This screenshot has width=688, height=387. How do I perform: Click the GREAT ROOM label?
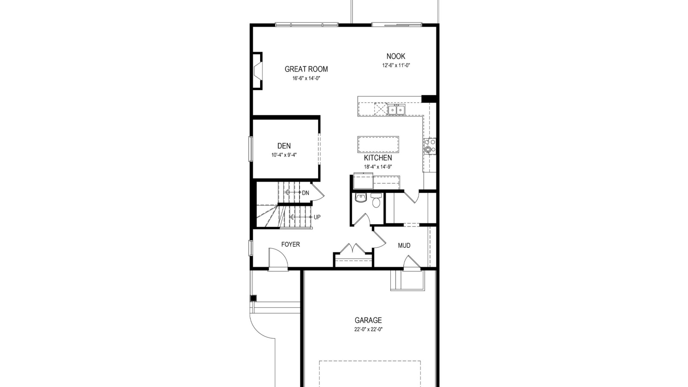tap(306, 69)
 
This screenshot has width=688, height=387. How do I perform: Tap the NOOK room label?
tap(396, 56)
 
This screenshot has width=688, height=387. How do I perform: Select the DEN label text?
tap(284, 146)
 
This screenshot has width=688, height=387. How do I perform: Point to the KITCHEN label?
tap(378, 158)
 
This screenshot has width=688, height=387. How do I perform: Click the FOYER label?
tap(291, 244)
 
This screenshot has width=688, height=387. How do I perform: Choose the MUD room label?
tap(404, 245)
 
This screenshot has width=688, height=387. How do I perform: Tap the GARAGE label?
tap(368, 320)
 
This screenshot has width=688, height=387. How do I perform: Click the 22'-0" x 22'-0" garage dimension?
tap(368, 329)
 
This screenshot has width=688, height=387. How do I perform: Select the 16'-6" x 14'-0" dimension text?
tap(306, 78)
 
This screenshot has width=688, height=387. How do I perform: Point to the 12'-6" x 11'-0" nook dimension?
tap(396, 65)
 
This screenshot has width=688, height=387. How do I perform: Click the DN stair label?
tap(306, 193)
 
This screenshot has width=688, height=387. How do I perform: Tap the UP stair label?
tap(317, 217)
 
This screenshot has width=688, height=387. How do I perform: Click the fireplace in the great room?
tap(257, 74)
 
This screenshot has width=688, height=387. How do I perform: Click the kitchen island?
tap(378, 144)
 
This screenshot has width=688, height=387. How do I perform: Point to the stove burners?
tap(430, 146)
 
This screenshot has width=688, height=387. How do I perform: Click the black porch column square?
tap(253, 298)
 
